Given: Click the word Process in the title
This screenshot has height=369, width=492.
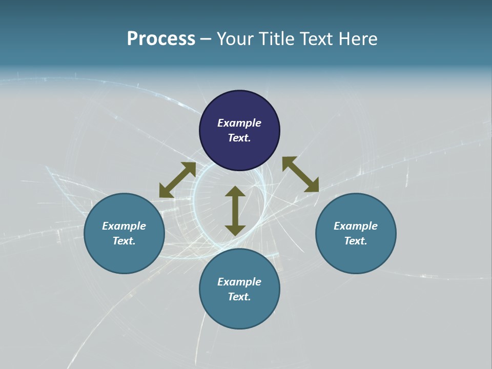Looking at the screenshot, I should (161, 39).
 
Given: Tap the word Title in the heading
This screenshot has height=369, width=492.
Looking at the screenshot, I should (275, 39).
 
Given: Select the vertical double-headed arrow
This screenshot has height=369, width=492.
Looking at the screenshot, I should (235, 211).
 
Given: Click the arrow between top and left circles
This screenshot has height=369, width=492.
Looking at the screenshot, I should (177, 180).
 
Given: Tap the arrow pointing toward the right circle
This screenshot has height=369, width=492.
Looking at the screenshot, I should (300, 174).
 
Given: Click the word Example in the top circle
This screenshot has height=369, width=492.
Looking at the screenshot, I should (239, 123).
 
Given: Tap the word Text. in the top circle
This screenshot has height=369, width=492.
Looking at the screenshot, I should (239, 138).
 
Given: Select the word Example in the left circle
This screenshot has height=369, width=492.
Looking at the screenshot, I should (124, 226).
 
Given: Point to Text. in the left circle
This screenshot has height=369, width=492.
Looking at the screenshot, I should (124, 241).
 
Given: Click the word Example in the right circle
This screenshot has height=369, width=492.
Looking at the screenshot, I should (356, 226).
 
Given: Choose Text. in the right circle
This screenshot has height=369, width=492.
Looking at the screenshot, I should (356, 241).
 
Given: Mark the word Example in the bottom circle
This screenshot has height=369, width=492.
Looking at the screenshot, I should (239, 282).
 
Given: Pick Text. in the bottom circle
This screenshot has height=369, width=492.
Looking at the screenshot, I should (239, 297).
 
